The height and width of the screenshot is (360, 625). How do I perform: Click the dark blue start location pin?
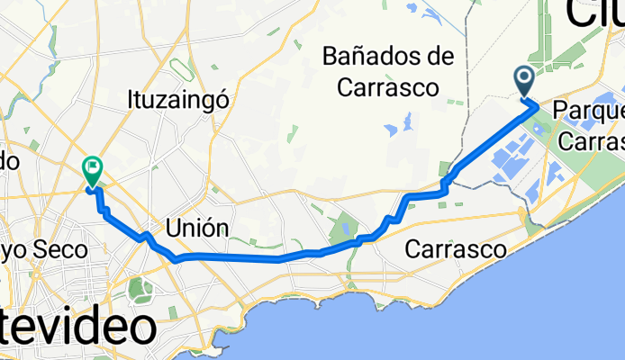point(524,81)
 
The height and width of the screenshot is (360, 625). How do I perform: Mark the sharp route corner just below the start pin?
point(537,105)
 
